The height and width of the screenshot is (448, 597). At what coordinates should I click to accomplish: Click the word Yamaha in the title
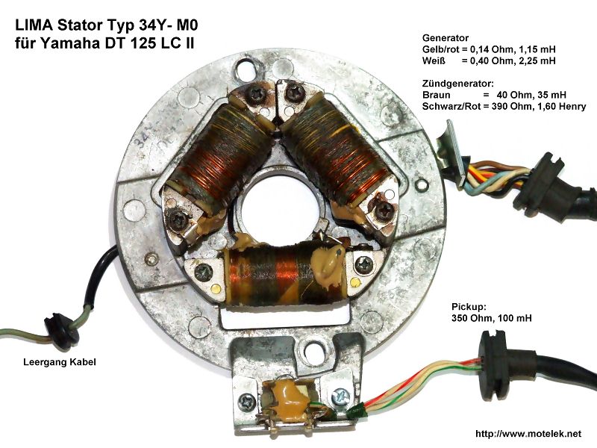coord(68,43)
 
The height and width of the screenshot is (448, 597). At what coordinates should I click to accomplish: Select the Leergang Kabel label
coord(60,362)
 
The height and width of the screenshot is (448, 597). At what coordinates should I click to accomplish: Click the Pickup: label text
coord(469,307)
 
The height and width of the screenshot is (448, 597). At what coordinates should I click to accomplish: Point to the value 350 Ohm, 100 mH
coord(492,318)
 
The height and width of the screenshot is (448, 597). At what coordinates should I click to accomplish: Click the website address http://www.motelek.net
coord(528,434)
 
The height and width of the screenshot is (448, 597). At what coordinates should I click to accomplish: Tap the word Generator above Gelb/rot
coord(446,38)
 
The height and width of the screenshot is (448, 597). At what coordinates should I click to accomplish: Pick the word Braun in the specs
coord(436,95)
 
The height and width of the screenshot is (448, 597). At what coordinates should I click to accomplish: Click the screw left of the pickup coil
coord(247,401)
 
